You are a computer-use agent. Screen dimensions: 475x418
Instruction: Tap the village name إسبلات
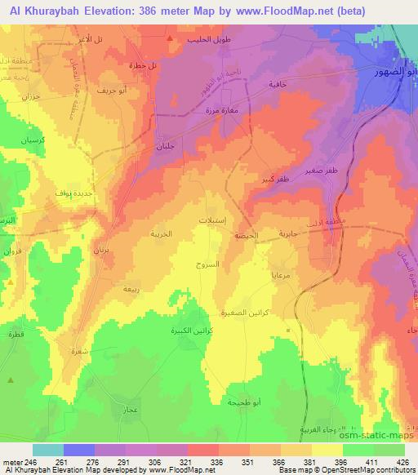(213, 221)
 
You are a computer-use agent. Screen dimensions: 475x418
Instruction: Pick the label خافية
(279, 84)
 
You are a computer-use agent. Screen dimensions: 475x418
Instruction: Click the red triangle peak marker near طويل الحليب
(169, 38)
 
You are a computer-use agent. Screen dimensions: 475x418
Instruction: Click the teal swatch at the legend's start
(48, 449)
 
